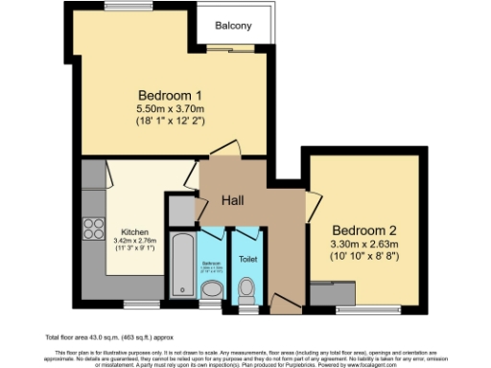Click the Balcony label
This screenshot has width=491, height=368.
coord(233,25)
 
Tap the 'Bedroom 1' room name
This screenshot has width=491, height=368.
coord(170,96)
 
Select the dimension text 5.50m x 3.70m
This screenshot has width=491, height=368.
coord(170,111)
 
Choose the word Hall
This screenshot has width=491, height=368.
coord(235,200)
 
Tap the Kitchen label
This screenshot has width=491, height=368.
coord(135,231)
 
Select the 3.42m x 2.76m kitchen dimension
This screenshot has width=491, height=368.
coord(135,241)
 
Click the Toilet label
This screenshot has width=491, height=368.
coord(247,259)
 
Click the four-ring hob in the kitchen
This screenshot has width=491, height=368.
coord(95,228)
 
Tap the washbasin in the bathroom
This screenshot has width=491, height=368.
coord(212,287)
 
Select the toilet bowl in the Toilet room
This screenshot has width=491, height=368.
coord(247,287)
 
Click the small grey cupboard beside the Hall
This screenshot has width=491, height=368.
coord(179,209)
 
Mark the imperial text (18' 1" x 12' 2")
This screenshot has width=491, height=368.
coord(170,125)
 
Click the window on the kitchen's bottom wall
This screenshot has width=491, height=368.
coord(135,306)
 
